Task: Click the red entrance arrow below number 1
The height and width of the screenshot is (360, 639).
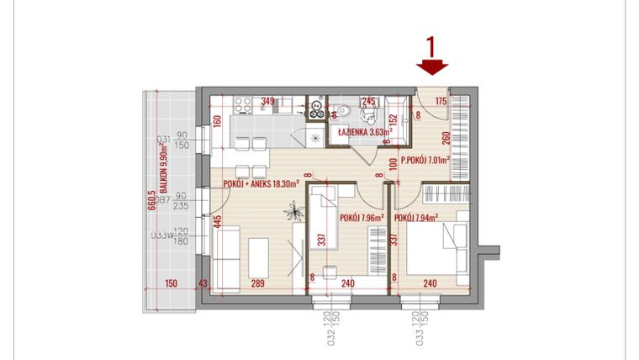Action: [x=433, y=67]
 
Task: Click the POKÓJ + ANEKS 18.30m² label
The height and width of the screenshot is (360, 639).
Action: [x=261, y=184]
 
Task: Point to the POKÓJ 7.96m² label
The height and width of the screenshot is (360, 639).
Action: [x=361, y=217]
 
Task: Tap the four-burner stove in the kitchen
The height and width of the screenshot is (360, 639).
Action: [x=243, y=106]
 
